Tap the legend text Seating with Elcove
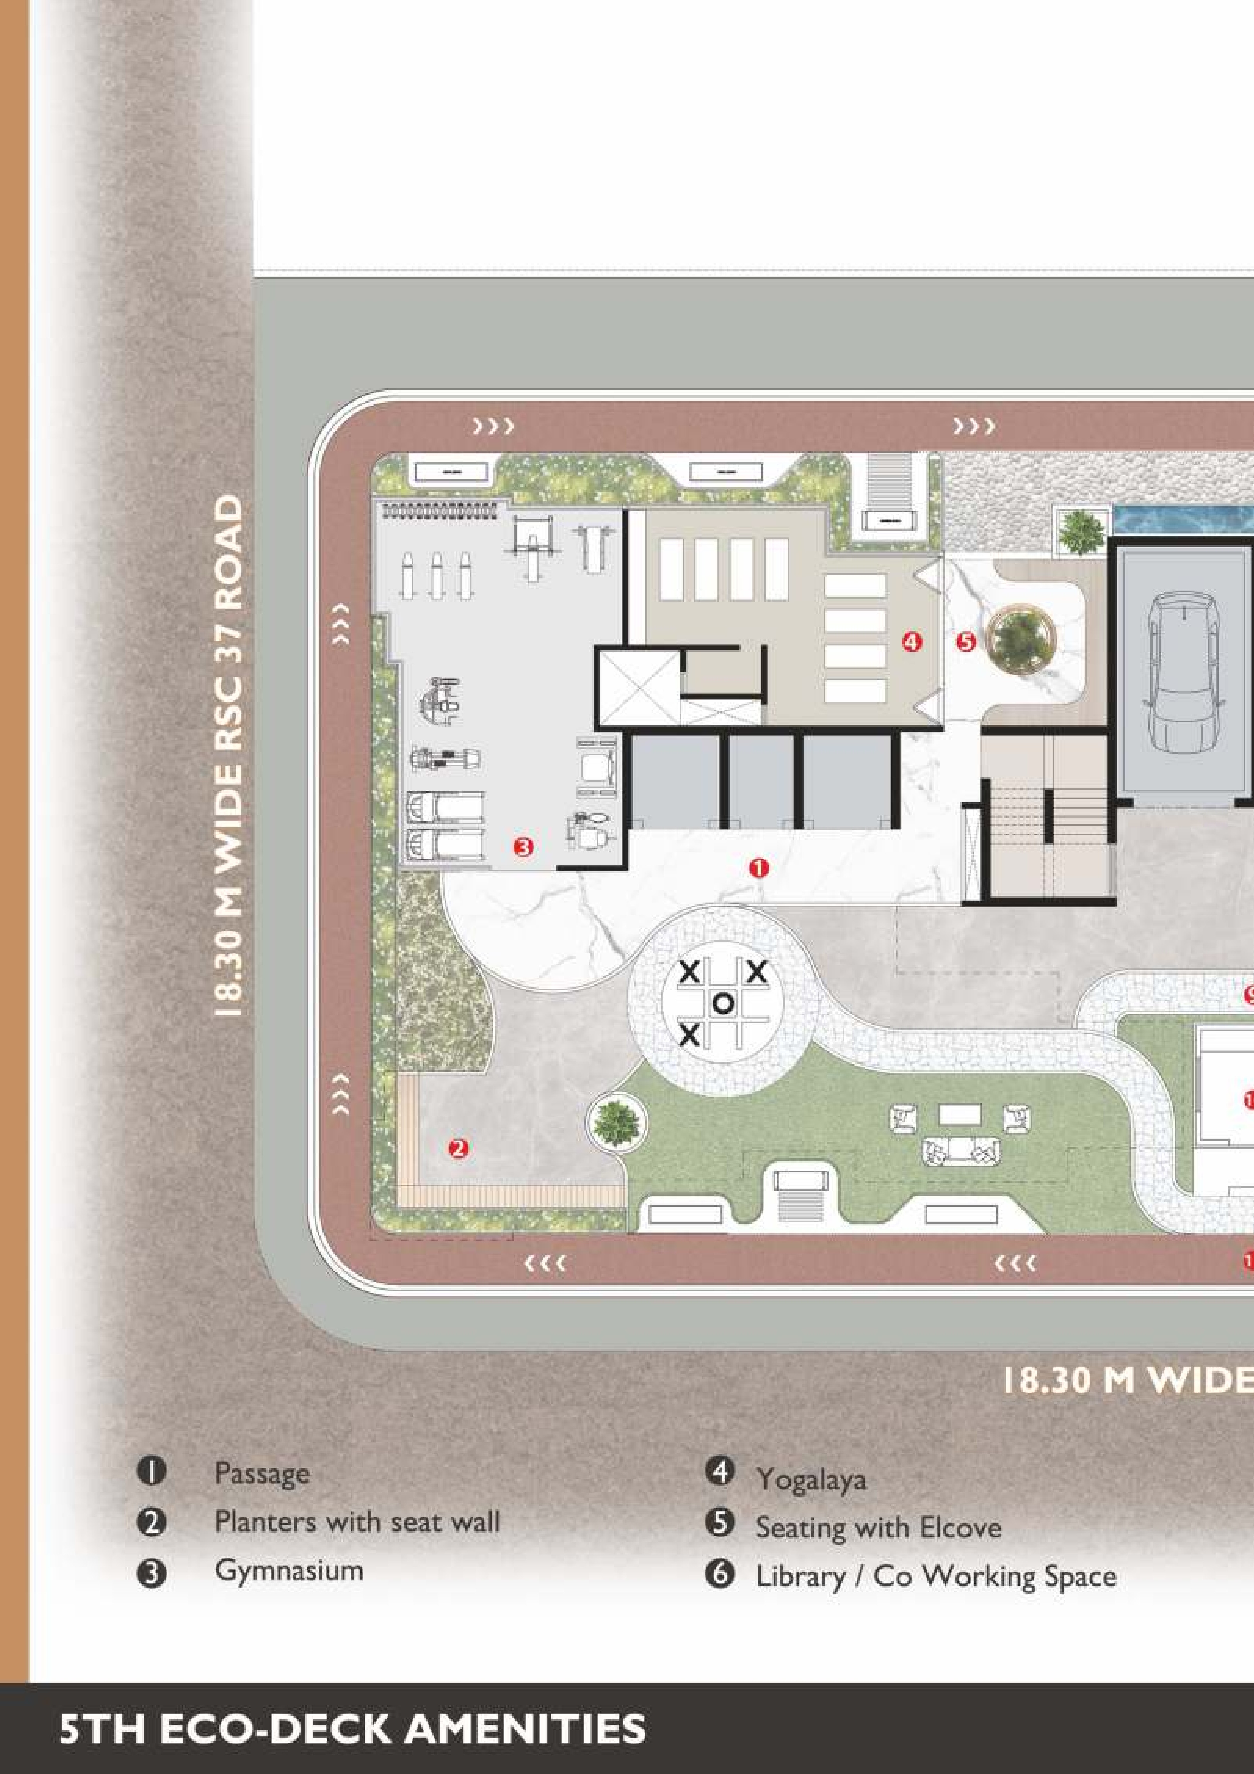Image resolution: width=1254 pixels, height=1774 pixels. click(x=879, y=1527)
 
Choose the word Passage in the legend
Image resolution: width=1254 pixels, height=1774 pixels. click(x=262, y=1473)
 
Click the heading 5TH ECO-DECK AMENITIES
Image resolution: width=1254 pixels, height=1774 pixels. click(x=352, y=1728)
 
